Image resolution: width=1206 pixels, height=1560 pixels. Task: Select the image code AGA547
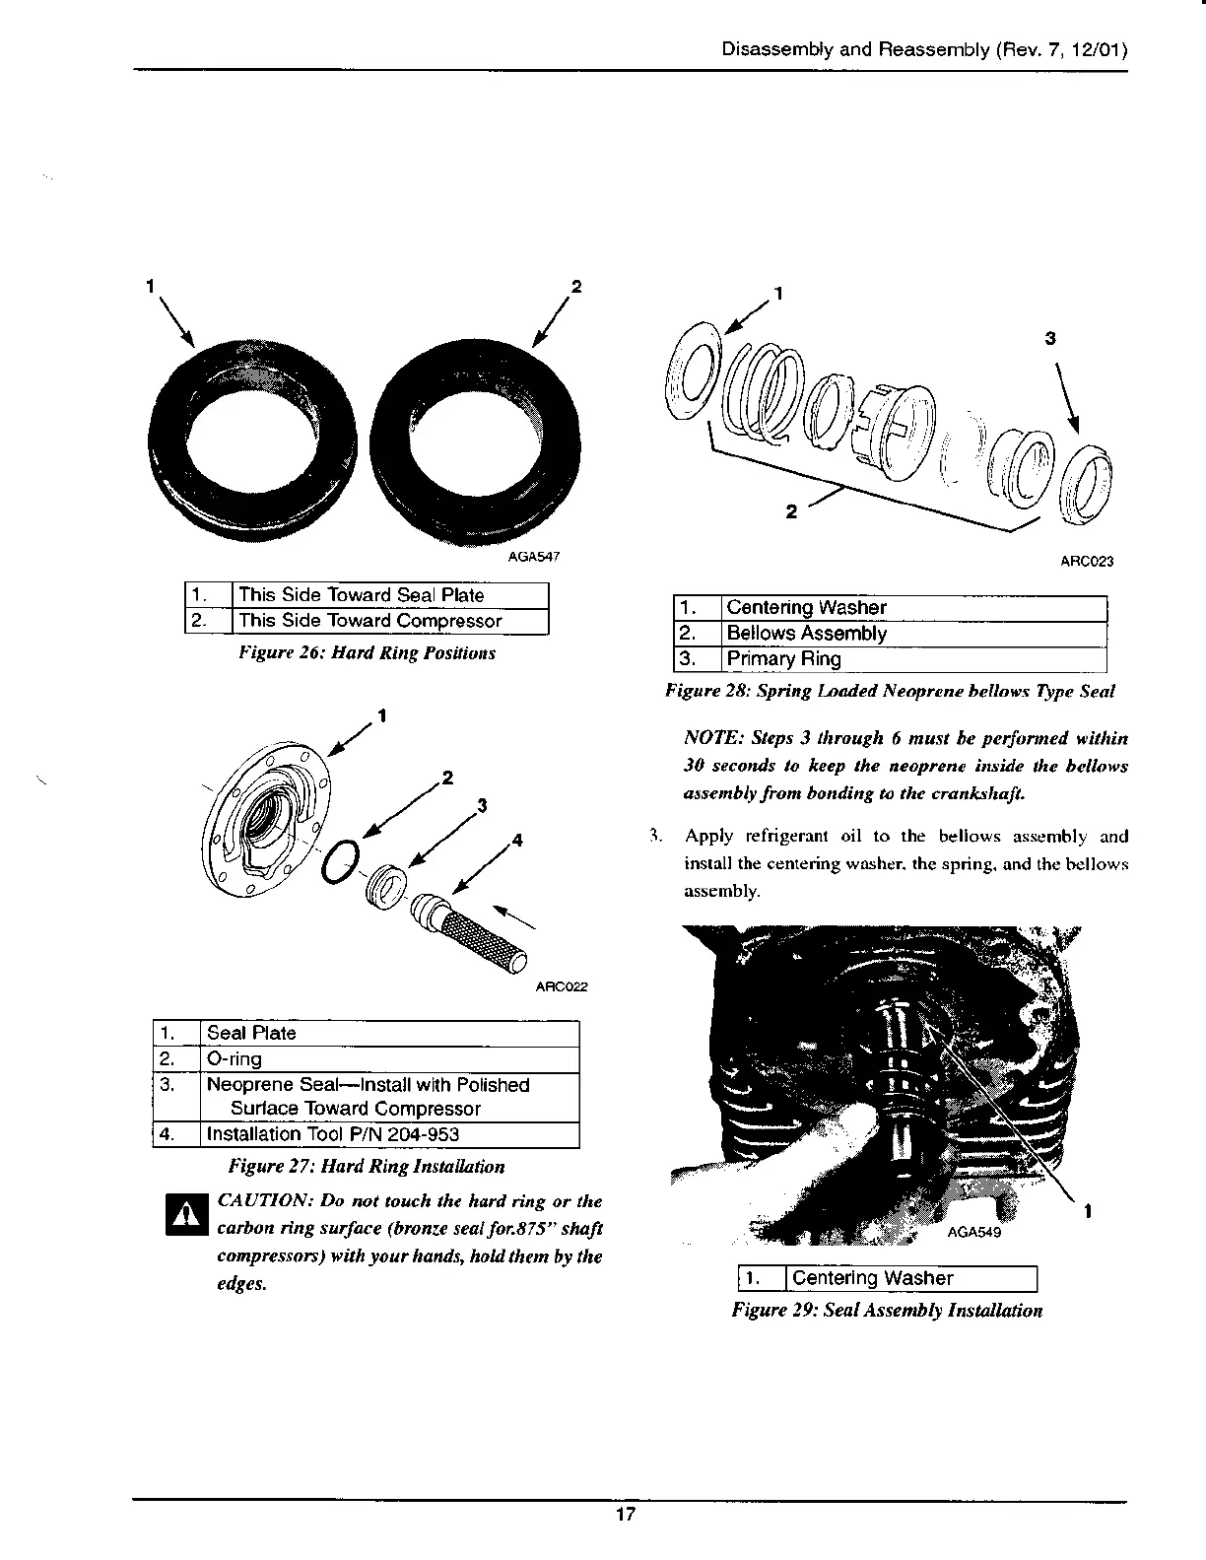pos(533,557)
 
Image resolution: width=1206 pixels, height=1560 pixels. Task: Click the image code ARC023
pos(1086,562)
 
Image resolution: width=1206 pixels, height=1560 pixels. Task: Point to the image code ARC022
pos(561,986)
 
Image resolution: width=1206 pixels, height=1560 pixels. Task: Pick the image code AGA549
pos(973,1233)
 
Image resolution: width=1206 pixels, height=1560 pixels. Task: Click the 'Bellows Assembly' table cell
pos(806,634)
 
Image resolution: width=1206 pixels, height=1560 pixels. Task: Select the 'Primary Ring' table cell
pos(783,659)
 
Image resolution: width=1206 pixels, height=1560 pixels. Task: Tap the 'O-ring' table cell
pos(234,1059)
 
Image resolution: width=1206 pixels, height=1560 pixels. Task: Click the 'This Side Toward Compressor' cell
pos(369,621)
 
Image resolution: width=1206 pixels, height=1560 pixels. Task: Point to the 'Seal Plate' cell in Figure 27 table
pos(251,1033)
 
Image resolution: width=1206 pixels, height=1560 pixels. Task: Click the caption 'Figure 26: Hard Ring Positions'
pos(367,653)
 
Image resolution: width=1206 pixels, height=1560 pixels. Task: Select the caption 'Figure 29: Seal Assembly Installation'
pos(886,1310)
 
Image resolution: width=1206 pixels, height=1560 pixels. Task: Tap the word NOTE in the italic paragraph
pos(712,738)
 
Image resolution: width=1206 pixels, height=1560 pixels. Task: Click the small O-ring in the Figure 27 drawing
pos(340,862)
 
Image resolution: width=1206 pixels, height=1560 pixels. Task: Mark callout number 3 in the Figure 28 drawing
pos(1050,338)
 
